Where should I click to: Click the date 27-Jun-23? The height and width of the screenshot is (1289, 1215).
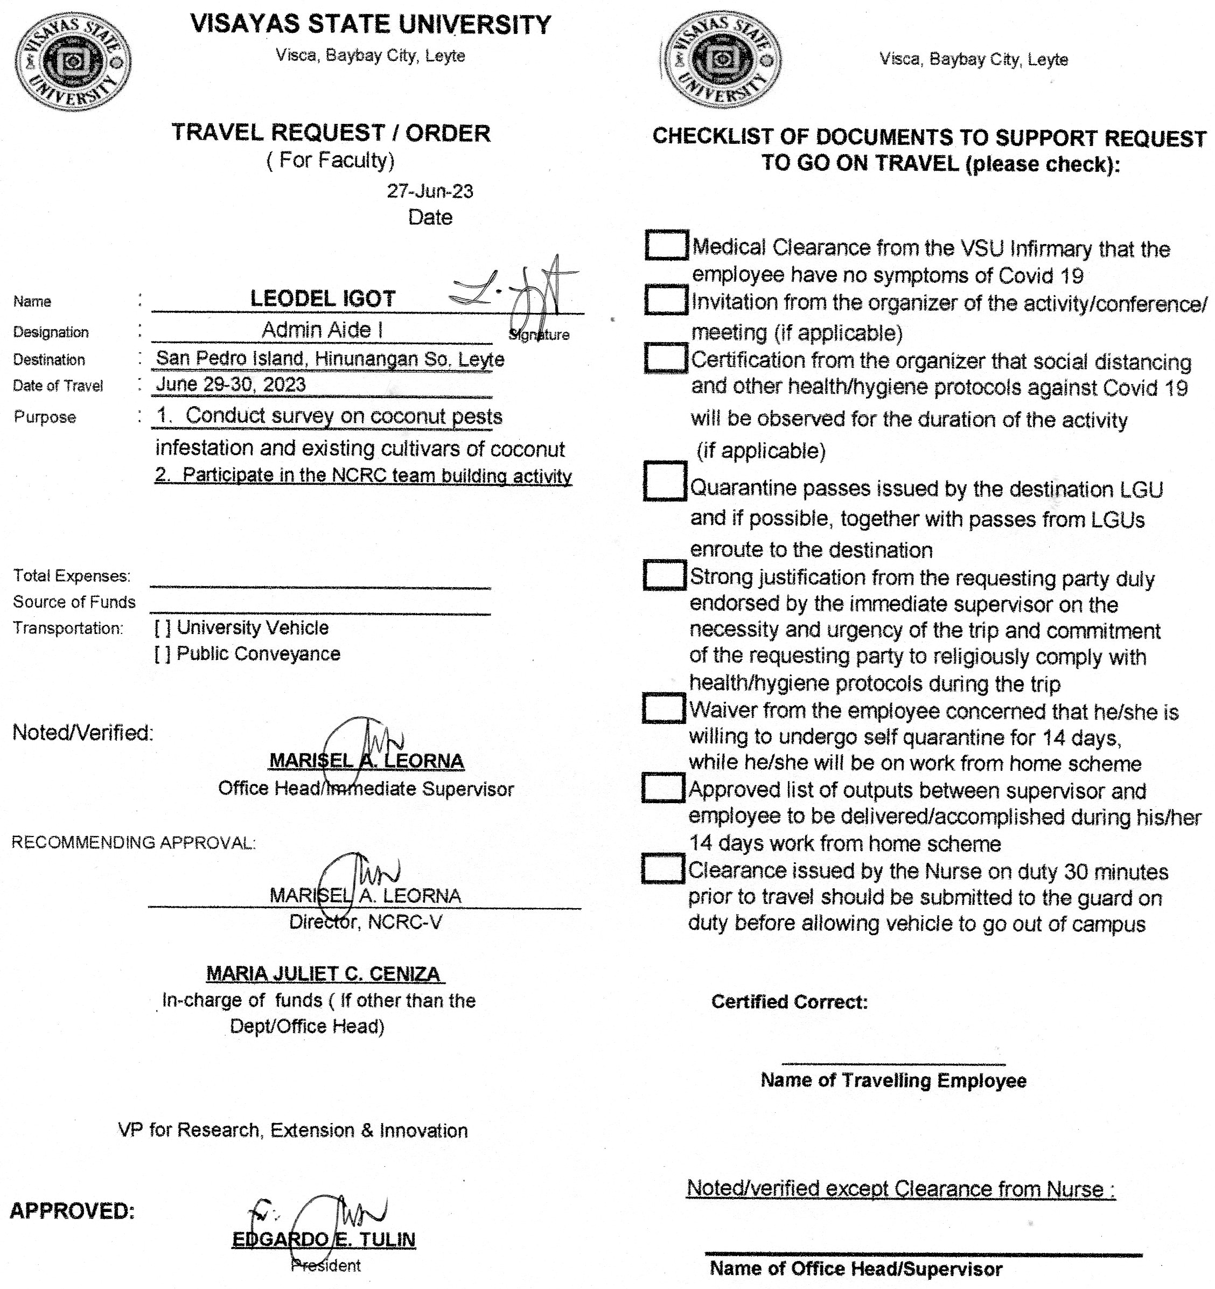[430, 191]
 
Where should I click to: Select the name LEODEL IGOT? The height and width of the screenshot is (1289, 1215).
[322, 299]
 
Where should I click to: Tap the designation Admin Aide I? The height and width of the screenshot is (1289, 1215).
[322, 330]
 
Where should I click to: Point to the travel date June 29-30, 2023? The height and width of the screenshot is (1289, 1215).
[231, 385]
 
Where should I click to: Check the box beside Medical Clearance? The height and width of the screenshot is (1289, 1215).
[667, 245]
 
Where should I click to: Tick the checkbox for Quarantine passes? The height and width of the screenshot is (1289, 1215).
[665, 481]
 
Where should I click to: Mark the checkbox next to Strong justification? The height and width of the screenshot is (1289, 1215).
[665, 575]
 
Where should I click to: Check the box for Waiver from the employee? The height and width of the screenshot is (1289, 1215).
[664, 708]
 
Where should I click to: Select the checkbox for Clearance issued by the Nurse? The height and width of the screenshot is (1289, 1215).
[664, 869]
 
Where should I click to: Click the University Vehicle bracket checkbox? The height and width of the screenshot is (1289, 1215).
[163, 628]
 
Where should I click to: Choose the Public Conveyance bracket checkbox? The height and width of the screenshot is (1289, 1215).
[163, 653]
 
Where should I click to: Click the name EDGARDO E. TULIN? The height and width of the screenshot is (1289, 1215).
[324, 1239]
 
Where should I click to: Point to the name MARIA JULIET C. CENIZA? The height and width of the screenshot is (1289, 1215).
[324, 973]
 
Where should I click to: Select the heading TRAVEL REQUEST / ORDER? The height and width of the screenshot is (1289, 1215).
[331, 133]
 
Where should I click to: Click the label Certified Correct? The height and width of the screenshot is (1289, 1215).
[789, 1002]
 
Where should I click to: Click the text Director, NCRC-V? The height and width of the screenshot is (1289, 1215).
[365, 922]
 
